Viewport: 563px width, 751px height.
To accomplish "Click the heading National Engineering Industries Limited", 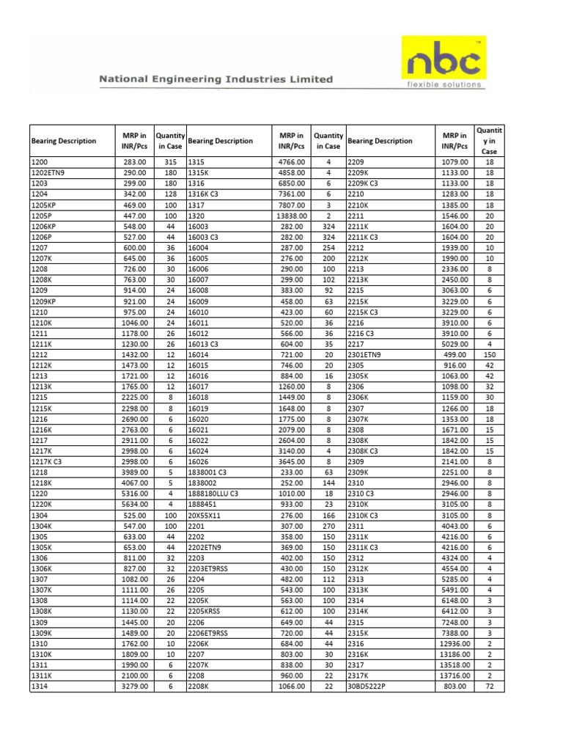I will [216, 79].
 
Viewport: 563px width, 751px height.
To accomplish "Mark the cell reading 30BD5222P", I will [371, 686].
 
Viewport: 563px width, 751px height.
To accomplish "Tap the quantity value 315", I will [171, 162].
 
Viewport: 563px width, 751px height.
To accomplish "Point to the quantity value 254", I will [328, 248].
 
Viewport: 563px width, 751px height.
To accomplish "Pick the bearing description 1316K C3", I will [205, 194].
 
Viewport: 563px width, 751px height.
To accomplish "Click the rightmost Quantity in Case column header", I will [489, 141].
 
